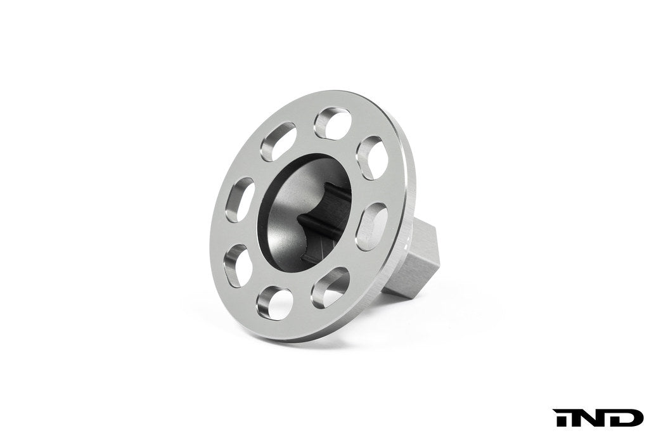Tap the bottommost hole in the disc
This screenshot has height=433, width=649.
click(x=274, y=302)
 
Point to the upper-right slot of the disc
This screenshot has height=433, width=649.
click(x=373, y=157)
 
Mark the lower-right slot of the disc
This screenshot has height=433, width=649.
click(x=330, y=287)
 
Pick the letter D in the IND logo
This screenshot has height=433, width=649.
click(x=627, y=418)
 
